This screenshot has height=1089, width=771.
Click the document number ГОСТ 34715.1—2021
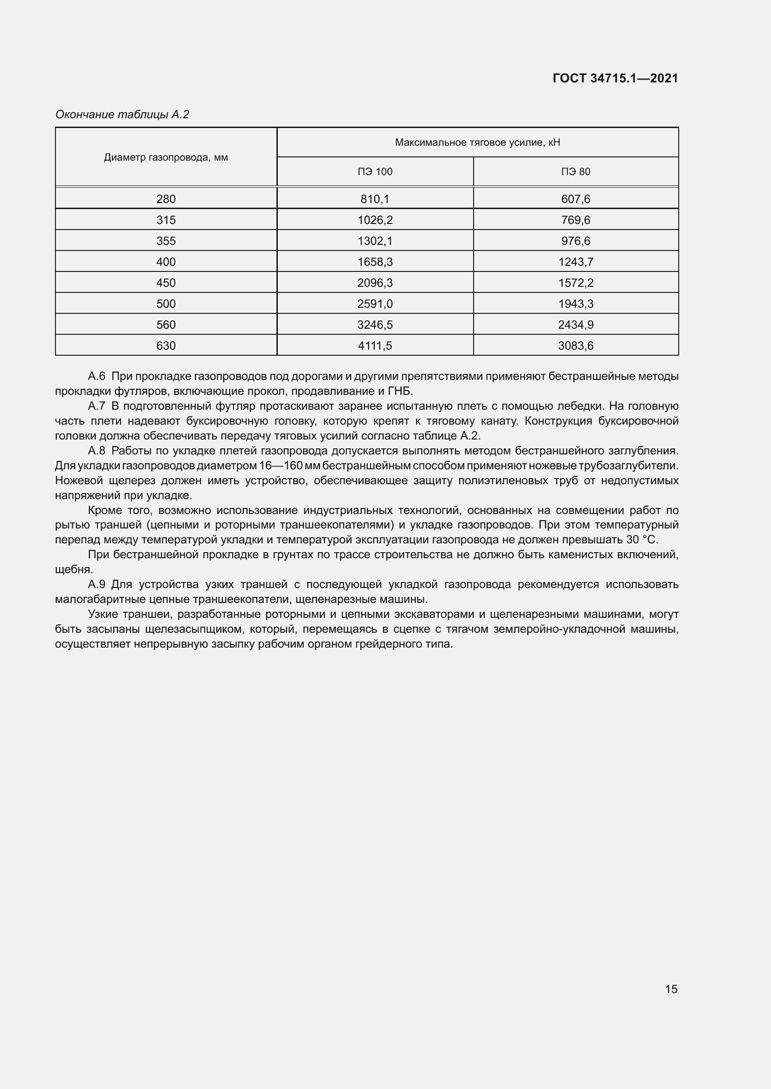[615, 78]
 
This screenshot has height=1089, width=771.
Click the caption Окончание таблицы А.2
[122, 115]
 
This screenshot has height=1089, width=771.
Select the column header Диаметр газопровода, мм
[165, 157]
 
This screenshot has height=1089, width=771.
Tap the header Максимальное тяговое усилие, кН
[477, 142]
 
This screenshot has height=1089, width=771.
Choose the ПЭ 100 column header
[375, 172]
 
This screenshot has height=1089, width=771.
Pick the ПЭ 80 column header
[575, 172]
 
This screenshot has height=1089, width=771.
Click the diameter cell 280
[165, 199]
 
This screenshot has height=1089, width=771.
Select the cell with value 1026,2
[375, 220]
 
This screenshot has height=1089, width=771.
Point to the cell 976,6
[575, 241]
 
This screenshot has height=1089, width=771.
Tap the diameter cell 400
[165, 262]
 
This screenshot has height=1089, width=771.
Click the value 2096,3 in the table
[375, 283]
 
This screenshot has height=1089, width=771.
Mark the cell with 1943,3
[575, 304]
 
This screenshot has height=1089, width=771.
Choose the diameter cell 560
[165, 325]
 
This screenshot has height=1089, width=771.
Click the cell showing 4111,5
[375, 346]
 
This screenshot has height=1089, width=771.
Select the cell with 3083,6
[575, 346]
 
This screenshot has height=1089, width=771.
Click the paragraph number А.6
[96, 376]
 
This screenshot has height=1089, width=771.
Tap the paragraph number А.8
[96, 451]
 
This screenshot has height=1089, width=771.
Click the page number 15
[671, 989]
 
